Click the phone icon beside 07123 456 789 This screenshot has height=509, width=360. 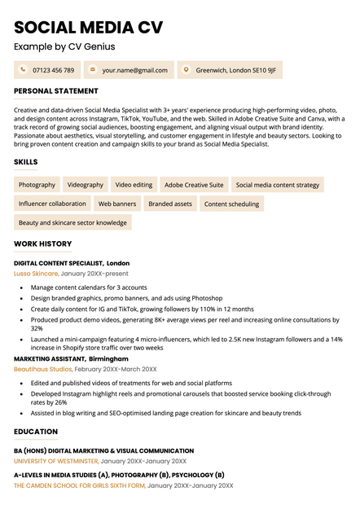click(x=23, y=70)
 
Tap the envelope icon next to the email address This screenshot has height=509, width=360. click(x=92, y=70)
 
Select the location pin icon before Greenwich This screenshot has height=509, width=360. click(x=187, y=70)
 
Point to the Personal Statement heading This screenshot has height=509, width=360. click(x=56, y=91)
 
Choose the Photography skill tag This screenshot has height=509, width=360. click(x=37, y=185)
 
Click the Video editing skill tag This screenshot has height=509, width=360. click(x=134, y=185)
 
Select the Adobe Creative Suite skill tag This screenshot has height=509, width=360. click(x=194, y=185)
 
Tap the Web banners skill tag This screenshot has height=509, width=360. click(x=117, y=204)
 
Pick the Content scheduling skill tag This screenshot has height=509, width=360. click(x=231, y=204)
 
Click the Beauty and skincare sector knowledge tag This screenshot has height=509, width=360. click(x=72, y=222)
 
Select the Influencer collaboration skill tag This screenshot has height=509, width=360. click(x=52, y=204)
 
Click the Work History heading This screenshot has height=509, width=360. click(x=43, y=244)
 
